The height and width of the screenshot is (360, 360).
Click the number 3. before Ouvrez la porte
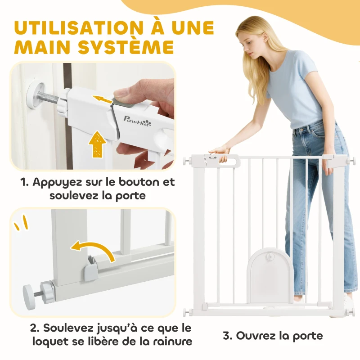[228, 336]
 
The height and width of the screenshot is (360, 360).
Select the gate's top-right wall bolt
[351, 159]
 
